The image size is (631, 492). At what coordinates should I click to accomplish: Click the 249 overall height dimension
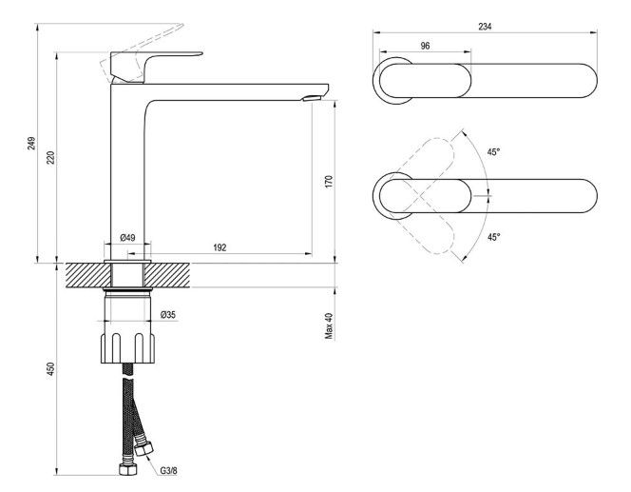(31, 144)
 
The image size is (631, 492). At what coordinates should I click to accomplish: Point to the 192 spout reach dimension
(220, 247)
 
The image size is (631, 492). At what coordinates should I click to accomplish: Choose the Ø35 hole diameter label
(167, 315)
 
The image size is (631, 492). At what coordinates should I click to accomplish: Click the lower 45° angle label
(493, 238)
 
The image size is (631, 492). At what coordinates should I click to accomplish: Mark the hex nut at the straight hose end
(124, 469)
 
